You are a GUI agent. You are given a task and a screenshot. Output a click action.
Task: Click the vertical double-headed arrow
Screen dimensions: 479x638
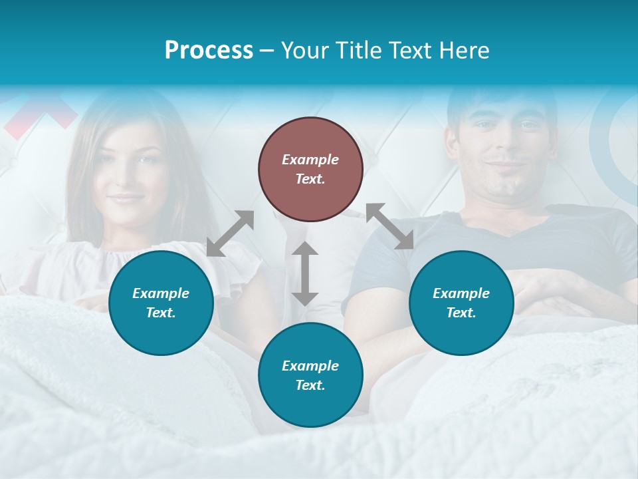pyautogui.click(x=305, y=273)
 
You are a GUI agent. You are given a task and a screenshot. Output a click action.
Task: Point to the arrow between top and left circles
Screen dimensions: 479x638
pyautogui.click(x=230, y=234)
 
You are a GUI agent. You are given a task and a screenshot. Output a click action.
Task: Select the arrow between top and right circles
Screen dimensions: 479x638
pyautogui.click(x=389, y=227)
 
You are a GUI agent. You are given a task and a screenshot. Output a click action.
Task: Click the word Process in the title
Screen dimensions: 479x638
pyautogui.click(x=209, y=51)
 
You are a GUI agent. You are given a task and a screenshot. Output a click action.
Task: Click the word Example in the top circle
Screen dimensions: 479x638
pyautogui.click(x=310, y=160)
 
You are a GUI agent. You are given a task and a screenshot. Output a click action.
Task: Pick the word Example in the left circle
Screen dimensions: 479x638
pyautogui.click(x=161, y=293)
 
